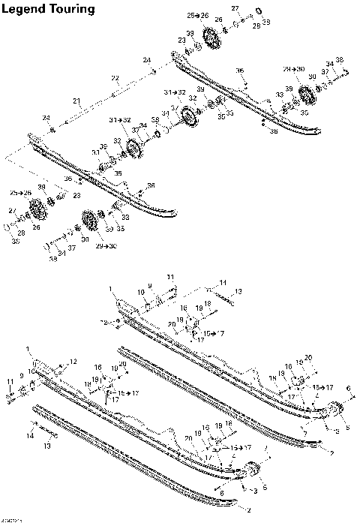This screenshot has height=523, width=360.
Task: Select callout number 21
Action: pyautogui.click(x=76, y=101)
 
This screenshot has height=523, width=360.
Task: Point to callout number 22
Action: pyautogui.click(x=115, y=78)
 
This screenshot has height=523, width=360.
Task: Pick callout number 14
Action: pyautogui.click(x=30, y=435)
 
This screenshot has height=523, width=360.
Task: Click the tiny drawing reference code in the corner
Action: pyautogui.click(x=10, y=518)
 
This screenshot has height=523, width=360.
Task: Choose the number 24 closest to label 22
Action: pyautogui.click(x=147, y=60)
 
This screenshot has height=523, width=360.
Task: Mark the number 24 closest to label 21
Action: pyautogui.click(x=46, y=118)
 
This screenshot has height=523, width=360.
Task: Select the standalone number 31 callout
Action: pyautogui.click(x=96, y=152)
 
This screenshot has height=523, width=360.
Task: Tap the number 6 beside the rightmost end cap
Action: pyautogui.click(x=349, y=387)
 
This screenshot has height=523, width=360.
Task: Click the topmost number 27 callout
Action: pyautogui.click(x=234, y=8)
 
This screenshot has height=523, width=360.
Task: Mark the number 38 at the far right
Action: pyautogui.click(x=339, y=60)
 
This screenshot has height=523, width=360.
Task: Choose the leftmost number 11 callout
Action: pyautogui.click(x=10, y=382)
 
